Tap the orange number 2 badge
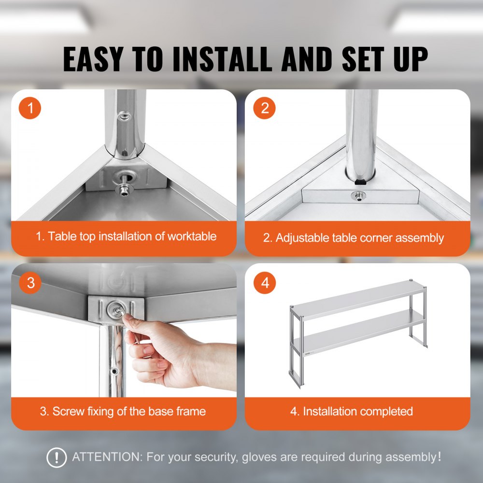[265, 108]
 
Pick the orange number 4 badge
[265, 283]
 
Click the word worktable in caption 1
[192, 237]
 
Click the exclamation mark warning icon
[57, 457]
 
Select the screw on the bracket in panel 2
[358, 196]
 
